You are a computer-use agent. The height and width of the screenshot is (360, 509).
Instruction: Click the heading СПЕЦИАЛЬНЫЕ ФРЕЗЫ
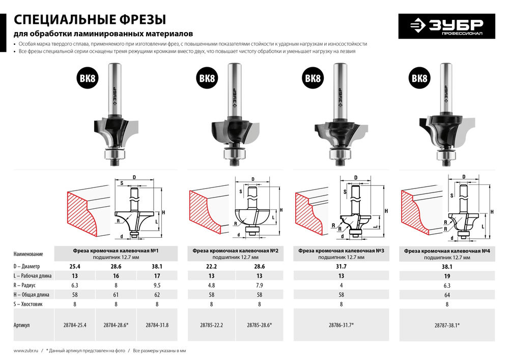pyautogui.click(x=90, y=20)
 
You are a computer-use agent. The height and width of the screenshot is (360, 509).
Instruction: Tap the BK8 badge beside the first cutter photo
pyautogui.click(x=88, y=78)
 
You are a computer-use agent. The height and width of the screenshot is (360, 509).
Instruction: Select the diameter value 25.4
pyautogui.click(x=74, y=266)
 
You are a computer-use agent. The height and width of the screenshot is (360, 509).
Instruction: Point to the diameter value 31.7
pyautogui.click(x=337, y=266)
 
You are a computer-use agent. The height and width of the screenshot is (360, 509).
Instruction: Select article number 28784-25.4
pyautogui.click(x=74, y=324)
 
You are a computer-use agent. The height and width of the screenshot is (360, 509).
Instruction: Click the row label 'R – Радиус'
pyautogui.click(x=29, y=285)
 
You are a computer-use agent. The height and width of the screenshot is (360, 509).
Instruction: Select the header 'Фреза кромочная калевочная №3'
pyautogui.click(x=338, y=250)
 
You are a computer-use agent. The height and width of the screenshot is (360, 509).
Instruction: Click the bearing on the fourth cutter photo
pyautogui.click(x=446, y=153)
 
